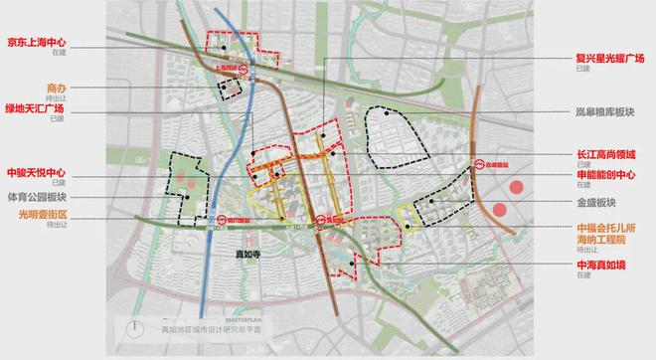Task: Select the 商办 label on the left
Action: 56,88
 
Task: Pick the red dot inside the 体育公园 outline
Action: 185,181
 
